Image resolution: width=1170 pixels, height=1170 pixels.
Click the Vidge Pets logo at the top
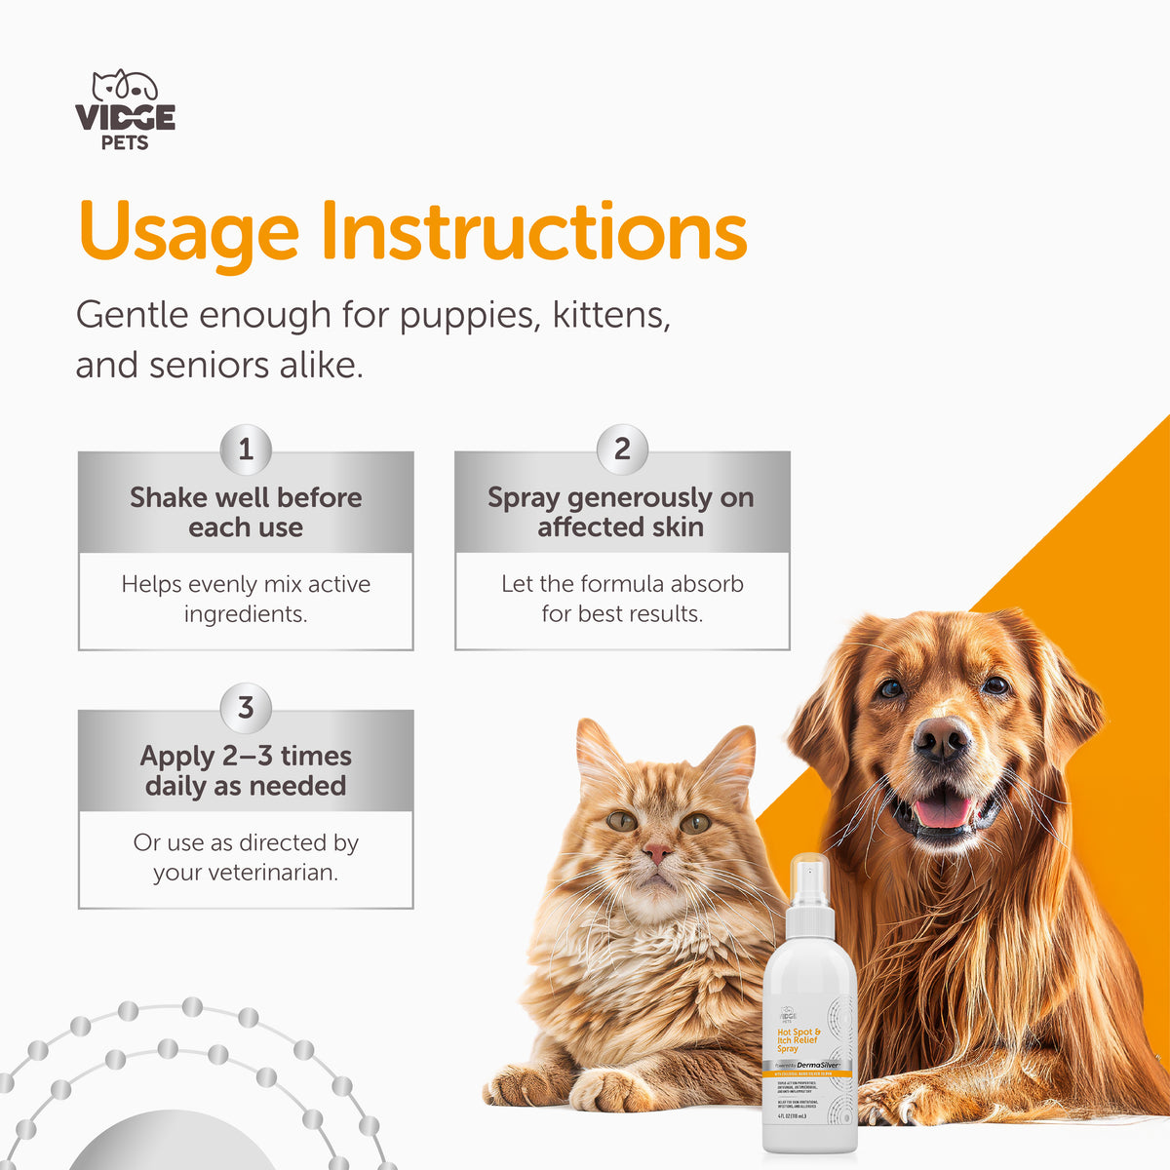[125, 110]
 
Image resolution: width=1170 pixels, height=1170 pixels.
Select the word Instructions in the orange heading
[533, 232]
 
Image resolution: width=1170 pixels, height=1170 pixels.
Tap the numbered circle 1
[246, 449]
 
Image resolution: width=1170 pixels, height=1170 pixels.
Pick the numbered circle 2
[622, 449]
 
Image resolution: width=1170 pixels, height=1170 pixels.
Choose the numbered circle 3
[246, 708]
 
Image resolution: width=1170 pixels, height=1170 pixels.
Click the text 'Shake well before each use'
[246, 512]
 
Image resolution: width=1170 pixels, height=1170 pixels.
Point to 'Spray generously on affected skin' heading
[621, 512]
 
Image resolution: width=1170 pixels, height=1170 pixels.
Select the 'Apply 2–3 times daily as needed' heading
[246, 770]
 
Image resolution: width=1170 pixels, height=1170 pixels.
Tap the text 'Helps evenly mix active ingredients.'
[246, 599]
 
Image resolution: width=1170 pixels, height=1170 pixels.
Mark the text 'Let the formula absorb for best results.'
[622, 599]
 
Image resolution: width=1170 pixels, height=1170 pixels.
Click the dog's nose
[941, 739]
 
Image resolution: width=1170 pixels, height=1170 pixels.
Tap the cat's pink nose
[657, 853]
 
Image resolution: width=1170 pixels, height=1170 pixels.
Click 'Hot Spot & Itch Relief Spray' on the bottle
[798, 1039]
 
